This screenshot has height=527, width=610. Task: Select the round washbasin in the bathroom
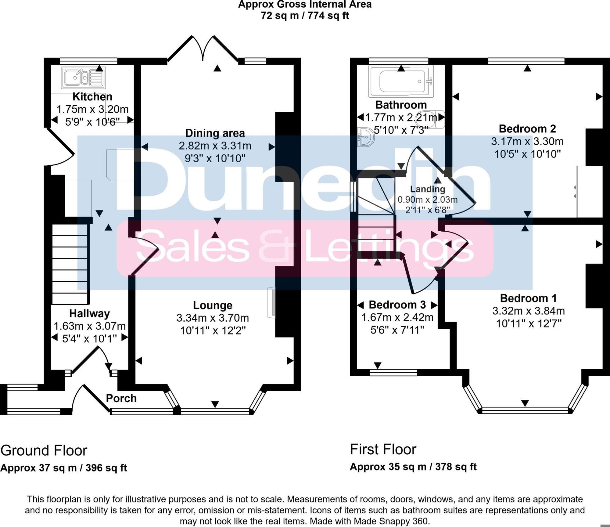click(x=366, y=137)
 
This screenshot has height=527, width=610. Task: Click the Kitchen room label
click(x=92, y=97)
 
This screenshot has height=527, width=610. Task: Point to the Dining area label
click(x=215, y=133)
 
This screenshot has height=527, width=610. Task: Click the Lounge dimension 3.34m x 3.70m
click(x=213, y=318)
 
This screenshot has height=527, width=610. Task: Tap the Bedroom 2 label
click(x=527, y=129)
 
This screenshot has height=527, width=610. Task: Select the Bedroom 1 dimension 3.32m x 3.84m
click(x=529, y=311)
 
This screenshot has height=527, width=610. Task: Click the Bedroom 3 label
click(x=397, y=305)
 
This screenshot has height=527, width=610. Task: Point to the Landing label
click(x=427, y=189)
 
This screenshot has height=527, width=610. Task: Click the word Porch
click(x=121, y=399)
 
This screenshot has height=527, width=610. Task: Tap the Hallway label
click(x=89, y=313)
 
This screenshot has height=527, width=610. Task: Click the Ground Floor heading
click(x=44, y=450)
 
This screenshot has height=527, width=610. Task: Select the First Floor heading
click(x=383, y=449)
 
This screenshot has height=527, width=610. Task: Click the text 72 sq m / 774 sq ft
click(x=305, y=16)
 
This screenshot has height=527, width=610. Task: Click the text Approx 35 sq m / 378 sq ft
click(x=413, y=467)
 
